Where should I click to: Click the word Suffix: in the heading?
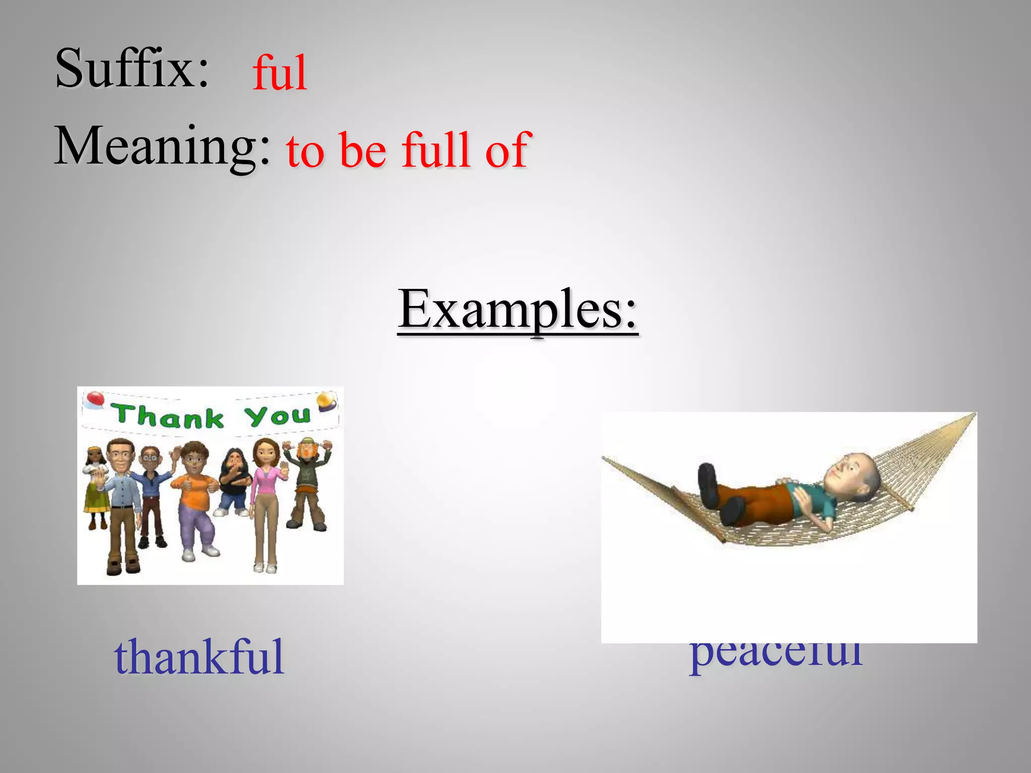click(x=132, y=68)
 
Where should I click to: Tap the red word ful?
click(x=280, y=73)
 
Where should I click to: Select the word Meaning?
click(x=162, y=146)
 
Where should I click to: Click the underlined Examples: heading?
click(x=518, y=310)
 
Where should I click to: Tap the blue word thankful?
click(x=199, y=657)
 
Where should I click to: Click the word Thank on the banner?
click(x=168, y=416)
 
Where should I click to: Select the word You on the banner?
click(x=277, y=415)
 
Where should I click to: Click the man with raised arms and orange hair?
click(x=307, y=483)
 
